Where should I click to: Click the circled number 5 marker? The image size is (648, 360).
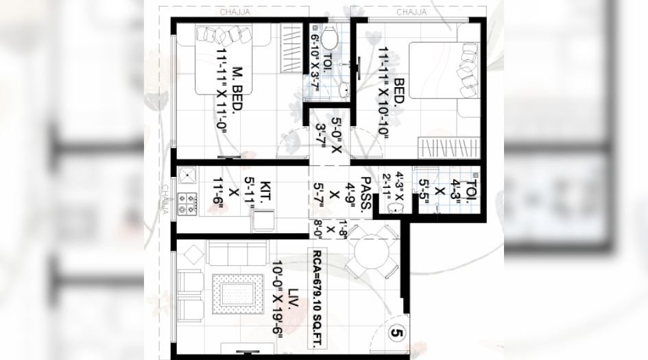396,333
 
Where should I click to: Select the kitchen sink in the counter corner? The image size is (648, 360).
188,176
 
